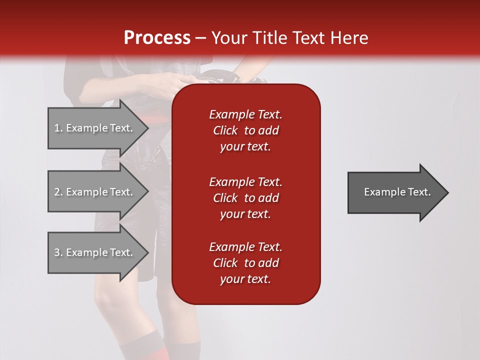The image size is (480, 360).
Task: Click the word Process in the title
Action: (157, 37)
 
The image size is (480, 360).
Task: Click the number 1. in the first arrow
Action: (58, 128)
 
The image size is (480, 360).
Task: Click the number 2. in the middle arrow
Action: (58, 192)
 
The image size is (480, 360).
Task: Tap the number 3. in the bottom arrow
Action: (58, 252)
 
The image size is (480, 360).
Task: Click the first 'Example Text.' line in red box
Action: (245, 114)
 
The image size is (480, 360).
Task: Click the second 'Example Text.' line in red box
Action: (245, 182)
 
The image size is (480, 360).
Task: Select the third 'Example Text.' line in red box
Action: (245, 247)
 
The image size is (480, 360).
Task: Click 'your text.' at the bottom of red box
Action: (245, 279)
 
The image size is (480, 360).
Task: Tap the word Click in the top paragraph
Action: (225, 130)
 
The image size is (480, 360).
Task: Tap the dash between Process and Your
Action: (200, 38)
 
